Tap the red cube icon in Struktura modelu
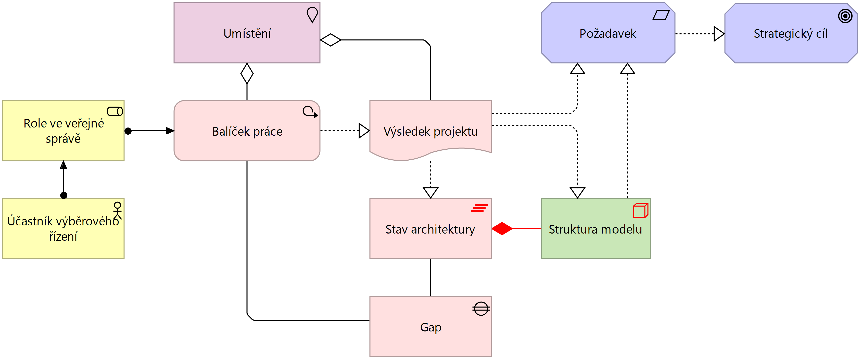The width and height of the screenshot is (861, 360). point(640,211)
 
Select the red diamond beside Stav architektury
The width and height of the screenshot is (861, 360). point(502,229)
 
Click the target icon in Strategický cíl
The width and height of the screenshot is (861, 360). point(845,16)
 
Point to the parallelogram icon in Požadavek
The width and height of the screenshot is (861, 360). point(661,15)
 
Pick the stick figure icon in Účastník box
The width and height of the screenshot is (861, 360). point(117,210)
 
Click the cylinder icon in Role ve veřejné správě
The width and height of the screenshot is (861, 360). point(115,111)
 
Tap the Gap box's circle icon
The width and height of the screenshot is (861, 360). point(481,309)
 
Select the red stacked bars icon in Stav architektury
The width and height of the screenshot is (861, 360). point(479,208)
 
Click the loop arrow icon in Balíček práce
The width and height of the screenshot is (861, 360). point(310,112)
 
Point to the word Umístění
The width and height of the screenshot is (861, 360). point(247,34)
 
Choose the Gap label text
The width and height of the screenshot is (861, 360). point(430,327)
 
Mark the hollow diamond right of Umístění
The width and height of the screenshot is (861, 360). point(331,40)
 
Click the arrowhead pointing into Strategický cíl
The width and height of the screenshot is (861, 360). point(719,34)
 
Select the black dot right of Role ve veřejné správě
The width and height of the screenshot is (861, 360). point(128,131)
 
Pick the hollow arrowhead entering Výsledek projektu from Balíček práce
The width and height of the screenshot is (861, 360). point(364,131)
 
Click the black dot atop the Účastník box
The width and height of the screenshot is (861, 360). point(64,195)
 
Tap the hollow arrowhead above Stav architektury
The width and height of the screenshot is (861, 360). point(430,192)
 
